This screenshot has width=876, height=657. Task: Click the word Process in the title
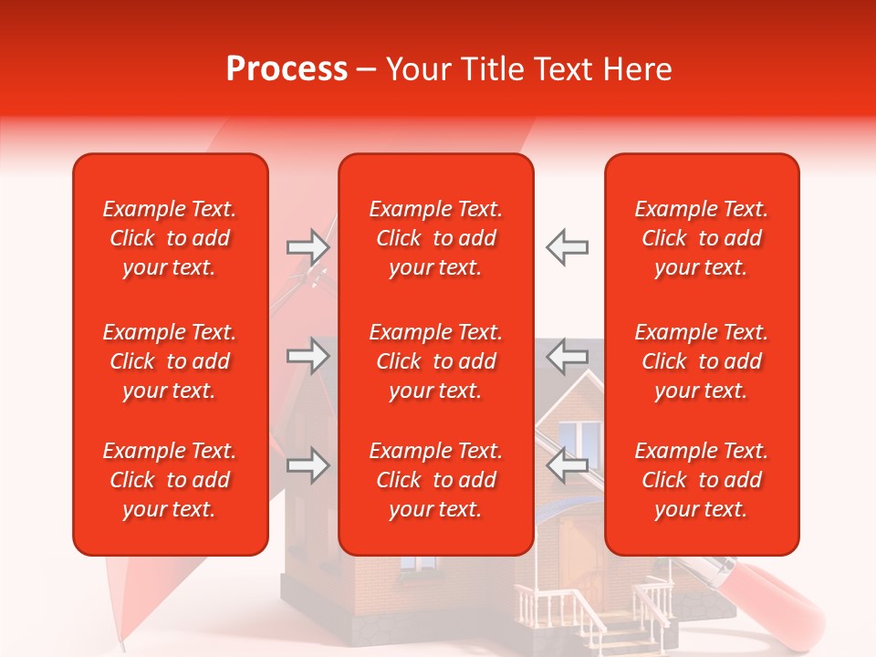(x=287, y=69)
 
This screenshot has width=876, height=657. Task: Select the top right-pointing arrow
(x=308, y=247)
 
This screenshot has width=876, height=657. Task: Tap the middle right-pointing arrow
(x=308, y=356)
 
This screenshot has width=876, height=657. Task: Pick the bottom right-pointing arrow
(x=308, y=466)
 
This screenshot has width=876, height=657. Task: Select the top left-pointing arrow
(x=568, y=247)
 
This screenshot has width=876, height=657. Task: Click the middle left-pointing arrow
(x=568, y=356)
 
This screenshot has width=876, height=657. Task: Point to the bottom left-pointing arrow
(x=568, y=466)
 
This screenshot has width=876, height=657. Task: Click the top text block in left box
(x=170, y=238)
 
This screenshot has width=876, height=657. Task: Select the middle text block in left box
(x=170, y=361)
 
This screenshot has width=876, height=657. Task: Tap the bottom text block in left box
(x=170, y=480)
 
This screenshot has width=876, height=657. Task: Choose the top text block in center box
(x=436, y=238)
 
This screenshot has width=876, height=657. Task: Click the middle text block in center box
(x=436, y=361)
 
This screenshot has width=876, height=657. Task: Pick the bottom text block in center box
(x=436, y=480)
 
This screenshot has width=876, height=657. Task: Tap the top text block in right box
(x=702, y=238)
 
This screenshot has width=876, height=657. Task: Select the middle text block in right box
(x=702, y=361)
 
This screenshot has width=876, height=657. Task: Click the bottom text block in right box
(x=702, y=480)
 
